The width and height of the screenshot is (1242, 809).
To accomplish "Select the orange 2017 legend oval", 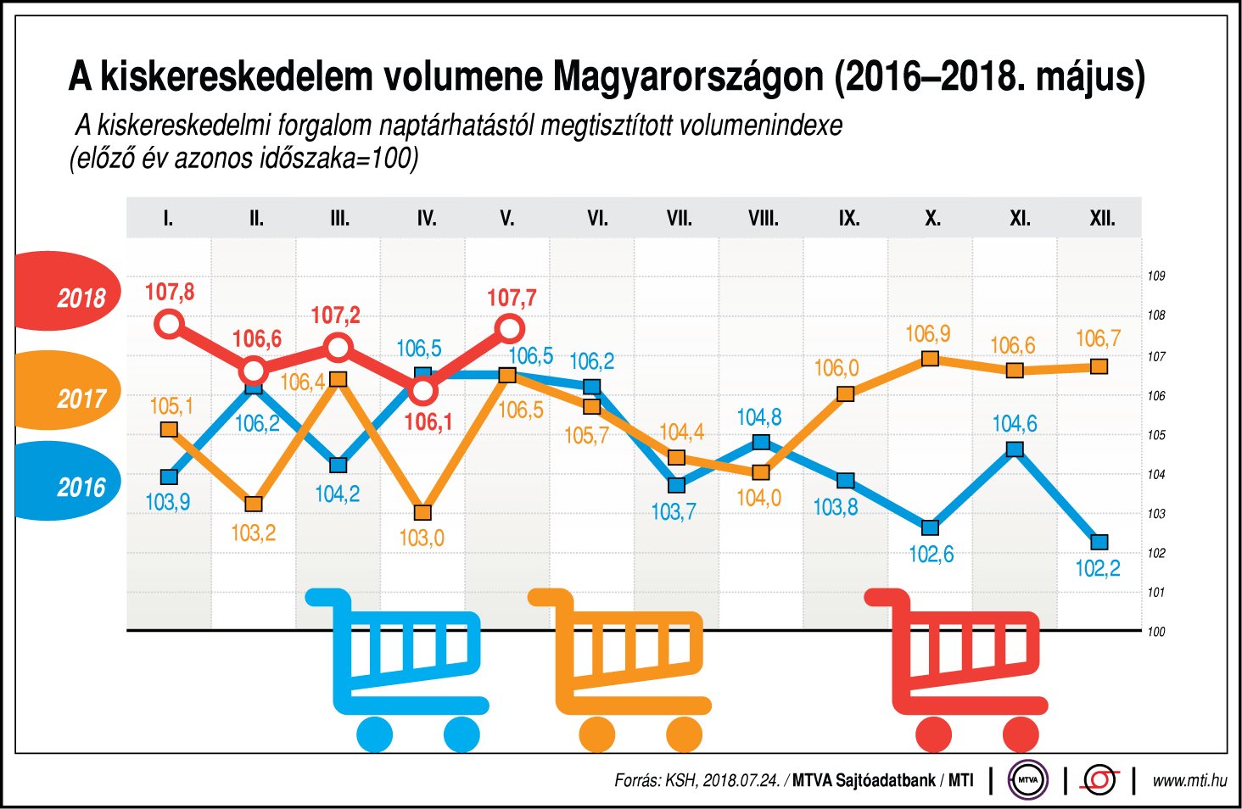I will point(68,391).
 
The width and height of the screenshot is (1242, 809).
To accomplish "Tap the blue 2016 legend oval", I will point(68,481).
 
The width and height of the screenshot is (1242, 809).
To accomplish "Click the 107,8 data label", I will point(170,293).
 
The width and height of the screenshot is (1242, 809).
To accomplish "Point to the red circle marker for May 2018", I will point(509,327).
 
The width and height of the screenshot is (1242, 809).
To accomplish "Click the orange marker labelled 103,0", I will point(422,512).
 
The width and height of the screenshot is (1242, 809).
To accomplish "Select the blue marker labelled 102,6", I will point(930,527).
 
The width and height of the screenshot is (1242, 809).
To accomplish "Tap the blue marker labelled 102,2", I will point(1099,542).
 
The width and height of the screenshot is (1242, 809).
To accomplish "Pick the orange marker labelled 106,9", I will point(930,359).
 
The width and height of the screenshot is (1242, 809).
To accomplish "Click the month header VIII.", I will point(763,219).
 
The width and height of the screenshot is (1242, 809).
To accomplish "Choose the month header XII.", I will point(1102,219).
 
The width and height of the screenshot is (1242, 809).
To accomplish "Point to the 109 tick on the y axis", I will point(1155,276).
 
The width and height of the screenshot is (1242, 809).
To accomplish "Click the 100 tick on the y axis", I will point(1155,631).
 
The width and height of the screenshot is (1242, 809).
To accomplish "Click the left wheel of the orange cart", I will point(596,734).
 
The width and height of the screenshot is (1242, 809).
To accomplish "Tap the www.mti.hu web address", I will point(1189,780).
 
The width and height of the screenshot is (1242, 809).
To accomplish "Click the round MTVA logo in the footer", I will point(1027,780).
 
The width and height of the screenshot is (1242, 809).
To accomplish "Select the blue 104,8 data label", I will point(758,417).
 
